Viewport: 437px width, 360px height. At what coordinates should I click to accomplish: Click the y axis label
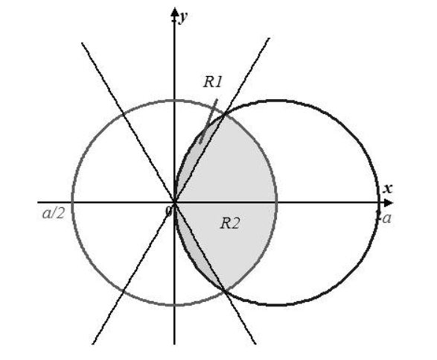point(183,17)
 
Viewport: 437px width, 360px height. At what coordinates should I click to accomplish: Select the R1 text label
point(212,82)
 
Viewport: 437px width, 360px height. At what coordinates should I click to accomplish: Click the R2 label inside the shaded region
point(230,224)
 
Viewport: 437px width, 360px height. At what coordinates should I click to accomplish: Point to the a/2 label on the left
point(54,214)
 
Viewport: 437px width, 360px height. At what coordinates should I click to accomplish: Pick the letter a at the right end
point(387,219)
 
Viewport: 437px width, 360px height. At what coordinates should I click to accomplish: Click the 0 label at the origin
point(169,211)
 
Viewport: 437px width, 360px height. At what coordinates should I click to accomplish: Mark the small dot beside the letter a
point(379,213)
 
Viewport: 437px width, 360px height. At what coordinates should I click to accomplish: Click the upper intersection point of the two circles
point(225,114)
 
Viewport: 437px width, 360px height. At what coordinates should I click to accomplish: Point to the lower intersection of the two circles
point(225,291)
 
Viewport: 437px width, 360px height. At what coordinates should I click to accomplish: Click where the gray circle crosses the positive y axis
point(174,100)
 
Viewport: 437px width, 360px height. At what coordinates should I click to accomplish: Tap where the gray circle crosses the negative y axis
point(174,305)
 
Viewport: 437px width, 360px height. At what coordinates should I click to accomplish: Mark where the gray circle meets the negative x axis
point(72,202)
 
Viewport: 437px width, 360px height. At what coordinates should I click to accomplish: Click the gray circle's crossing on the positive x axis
point(277,202)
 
